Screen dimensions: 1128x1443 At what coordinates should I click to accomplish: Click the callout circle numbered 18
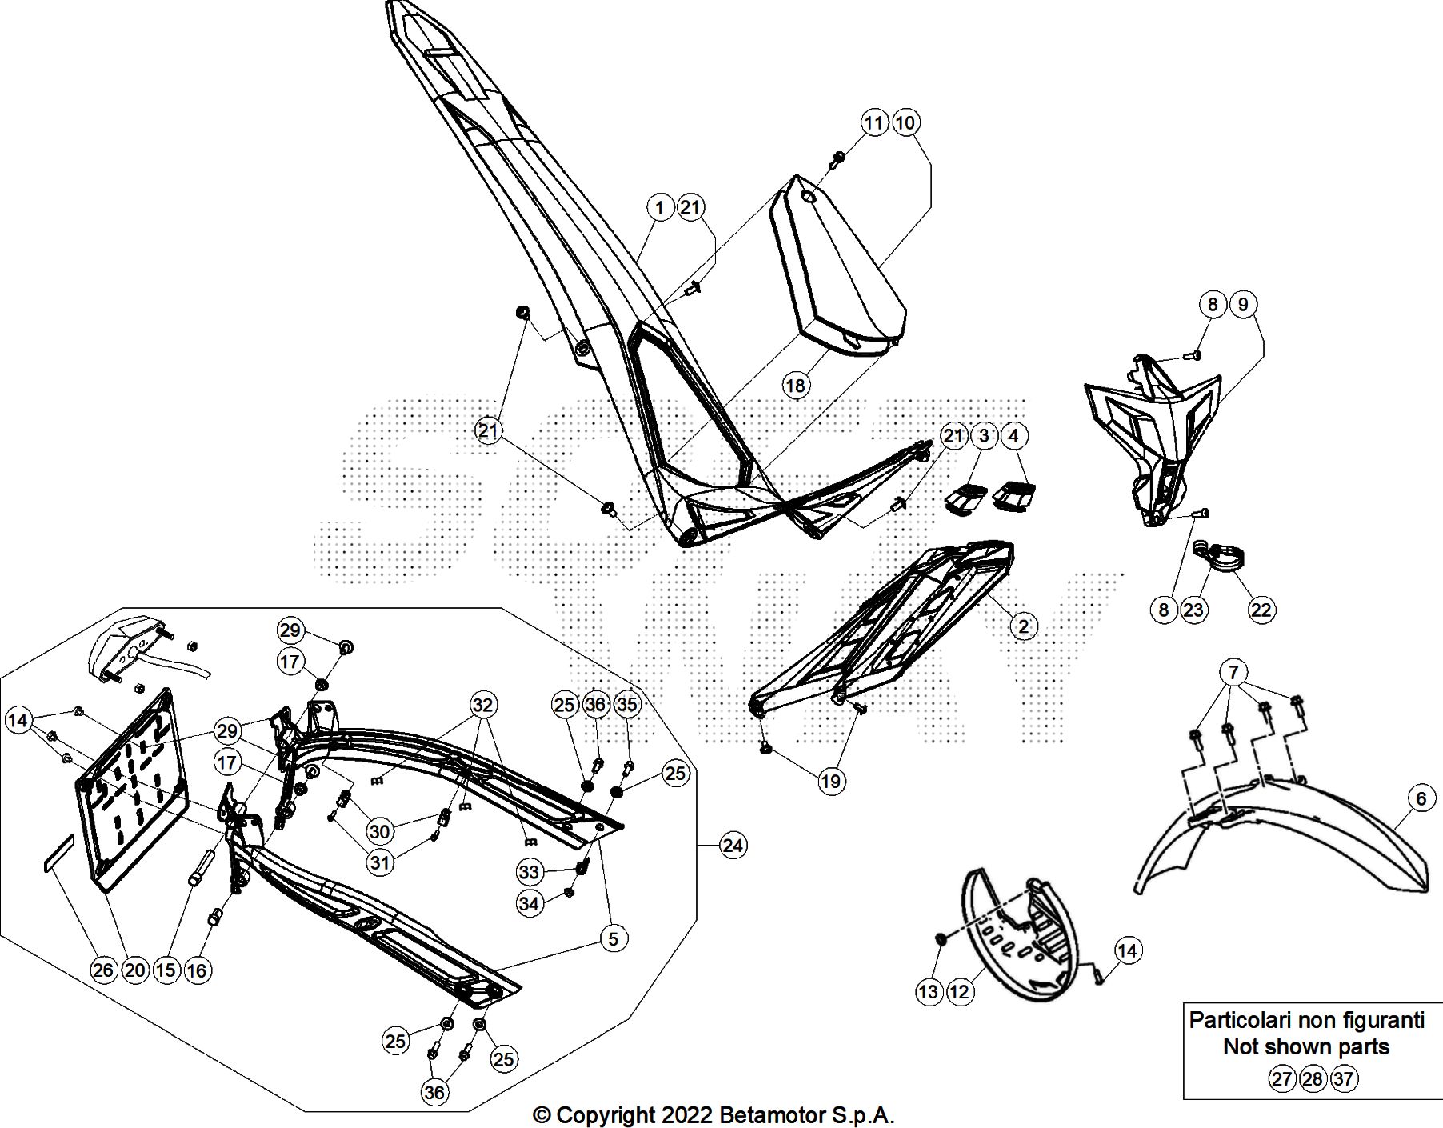795,386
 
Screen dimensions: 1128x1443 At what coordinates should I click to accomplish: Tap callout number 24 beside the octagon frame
733,845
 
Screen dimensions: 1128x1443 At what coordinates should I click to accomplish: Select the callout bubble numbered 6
1421,798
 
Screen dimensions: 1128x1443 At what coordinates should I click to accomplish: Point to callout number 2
1023,626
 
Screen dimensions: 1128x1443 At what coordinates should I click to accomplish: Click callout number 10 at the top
905,122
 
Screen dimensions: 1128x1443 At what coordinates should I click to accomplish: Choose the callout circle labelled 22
1261,610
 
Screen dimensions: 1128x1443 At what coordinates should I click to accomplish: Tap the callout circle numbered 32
482,706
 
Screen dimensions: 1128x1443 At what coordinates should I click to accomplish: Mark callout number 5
613,938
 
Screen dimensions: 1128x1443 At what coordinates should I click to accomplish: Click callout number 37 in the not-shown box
1344,1078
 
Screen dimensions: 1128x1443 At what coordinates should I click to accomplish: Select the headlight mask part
1152,432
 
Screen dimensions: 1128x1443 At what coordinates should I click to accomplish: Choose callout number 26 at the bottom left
103,970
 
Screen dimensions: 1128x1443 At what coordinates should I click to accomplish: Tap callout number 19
831,781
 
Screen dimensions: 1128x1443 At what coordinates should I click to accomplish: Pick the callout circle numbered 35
628,704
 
